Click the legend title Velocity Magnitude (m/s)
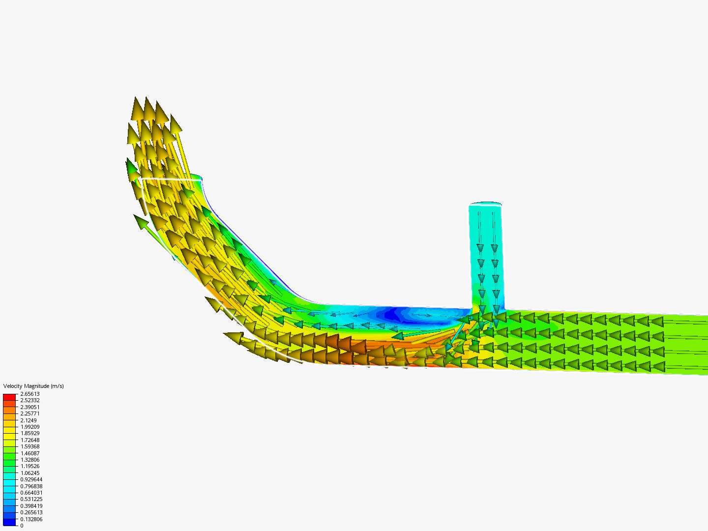(33, 386)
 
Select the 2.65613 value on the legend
(29, 394)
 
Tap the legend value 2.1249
(28, 420)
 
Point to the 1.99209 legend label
(29, 427)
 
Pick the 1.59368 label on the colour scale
(29, 446)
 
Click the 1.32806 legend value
(29, 460)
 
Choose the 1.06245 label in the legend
(29, 473)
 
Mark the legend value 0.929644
(31, 479)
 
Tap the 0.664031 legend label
(31, 493)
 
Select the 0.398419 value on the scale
(31, 506)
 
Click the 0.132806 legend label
(31, 519)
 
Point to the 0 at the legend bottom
(22, 526)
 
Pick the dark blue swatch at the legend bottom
(9, 522)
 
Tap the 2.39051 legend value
(29, 407)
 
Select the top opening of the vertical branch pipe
(485, 204)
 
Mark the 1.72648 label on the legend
(29, 440)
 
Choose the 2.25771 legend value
(29, 413)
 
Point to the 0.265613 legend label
(31, 512)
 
